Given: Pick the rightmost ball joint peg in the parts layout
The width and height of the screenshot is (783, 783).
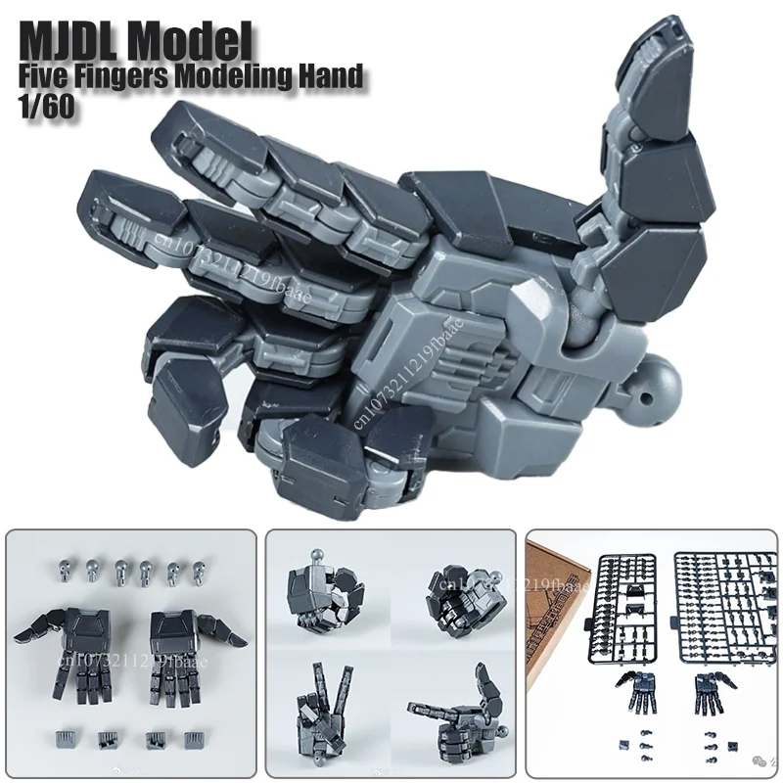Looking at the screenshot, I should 199,567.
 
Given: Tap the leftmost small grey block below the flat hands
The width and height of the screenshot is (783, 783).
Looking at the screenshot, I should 67,735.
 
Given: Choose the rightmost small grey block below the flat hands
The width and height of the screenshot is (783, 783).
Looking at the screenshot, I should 190,735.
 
